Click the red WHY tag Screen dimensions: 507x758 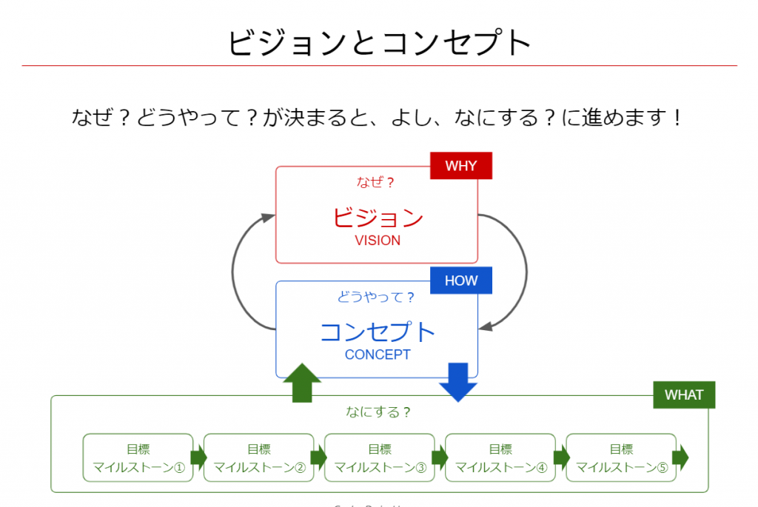tap(461, 166)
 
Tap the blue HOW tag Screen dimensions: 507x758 tap(461, 281)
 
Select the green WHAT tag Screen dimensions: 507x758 tap(684, 394)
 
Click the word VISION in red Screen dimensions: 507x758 tap(378, 241)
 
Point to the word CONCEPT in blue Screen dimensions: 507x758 tap(378, 355)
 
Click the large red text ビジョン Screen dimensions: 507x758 tap(378, 218)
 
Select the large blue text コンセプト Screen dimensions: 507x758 tap(378, 332)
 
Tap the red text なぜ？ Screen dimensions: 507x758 tap(376, 182)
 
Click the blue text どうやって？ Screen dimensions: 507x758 tap(376, 298)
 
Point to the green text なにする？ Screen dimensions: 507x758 tap(378, 412)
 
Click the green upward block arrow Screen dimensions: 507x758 tap(302, 383)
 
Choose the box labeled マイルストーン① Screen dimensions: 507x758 tap(138, 457)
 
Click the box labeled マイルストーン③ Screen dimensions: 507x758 tap(380, 457)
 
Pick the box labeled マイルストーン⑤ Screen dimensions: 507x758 tap(621, 457)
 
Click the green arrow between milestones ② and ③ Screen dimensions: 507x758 tap(318, 457)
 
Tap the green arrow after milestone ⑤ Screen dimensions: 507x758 tap(681, 457)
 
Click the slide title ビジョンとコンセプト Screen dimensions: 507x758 tap(379, 42)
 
